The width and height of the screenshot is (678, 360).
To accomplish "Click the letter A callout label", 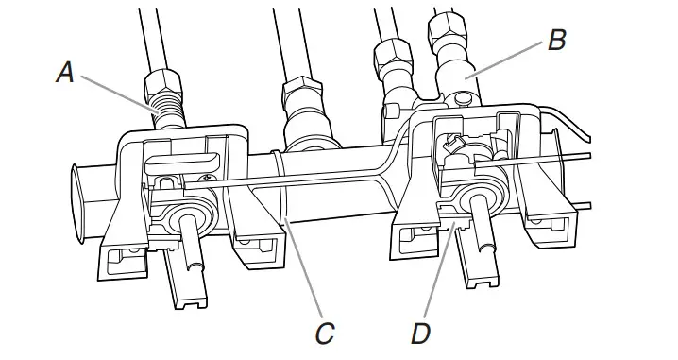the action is tap(64, 73).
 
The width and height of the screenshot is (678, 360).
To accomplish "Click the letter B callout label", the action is tap(556, 41).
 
